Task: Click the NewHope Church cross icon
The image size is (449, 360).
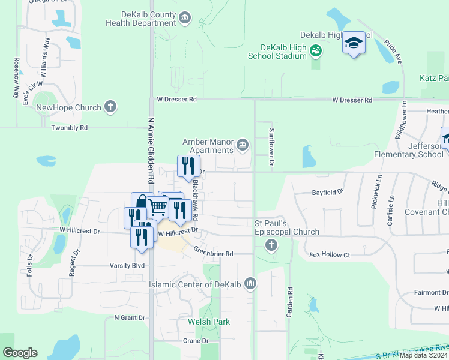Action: click(x=110, y=107)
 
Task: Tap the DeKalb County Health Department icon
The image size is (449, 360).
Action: click(x=185, y=19)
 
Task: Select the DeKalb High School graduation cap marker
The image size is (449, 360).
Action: click(x=354, y=43)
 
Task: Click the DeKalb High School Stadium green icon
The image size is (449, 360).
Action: click(x=316, y=52)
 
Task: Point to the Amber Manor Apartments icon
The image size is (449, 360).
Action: click(x=243, y=144)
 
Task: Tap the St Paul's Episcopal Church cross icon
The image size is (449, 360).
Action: click(x=271, y=244)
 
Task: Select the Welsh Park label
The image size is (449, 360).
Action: click(x=209, y=322)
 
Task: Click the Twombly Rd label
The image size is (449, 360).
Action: click(x=70, y=128)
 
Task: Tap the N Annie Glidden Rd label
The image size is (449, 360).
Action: click(x=151, y=149)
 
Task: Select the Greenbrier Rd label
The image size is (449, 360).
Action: click(x=213, y=254)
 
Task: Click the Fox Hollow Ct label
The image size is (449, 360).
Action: click(x=330, y=255)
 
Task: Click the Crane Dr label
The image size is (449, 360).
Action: click(x=196, y=341)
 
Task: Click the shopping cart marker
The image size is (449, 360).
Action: click(x=158, y=207)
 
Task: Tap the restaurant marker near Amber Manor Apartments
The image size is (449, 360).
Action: click(x=188, y=164)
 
